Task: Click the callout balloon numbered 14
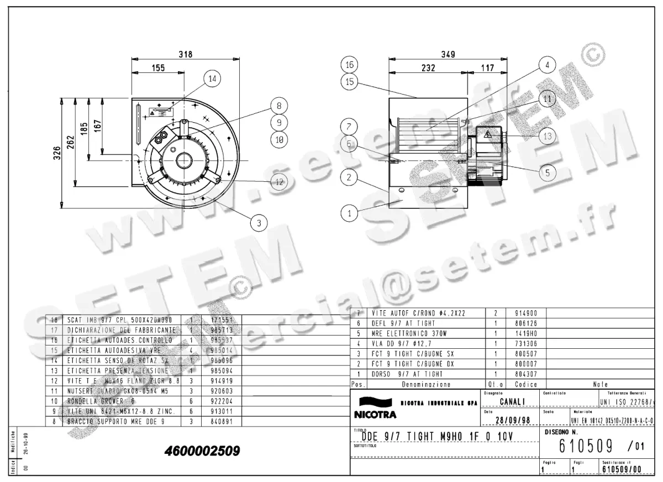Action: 211,79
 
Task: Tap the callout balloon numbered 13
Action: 547,135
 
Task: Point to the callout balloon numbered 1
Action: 349,211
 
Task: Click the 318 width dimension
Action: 186,54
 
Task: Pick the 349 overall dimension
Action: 448,54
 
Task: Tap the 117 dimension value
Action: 487,68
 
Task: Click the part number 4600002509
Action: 202,451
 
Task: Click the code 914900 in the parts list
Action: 522,313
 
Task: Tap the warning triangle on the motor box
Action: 488,134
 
